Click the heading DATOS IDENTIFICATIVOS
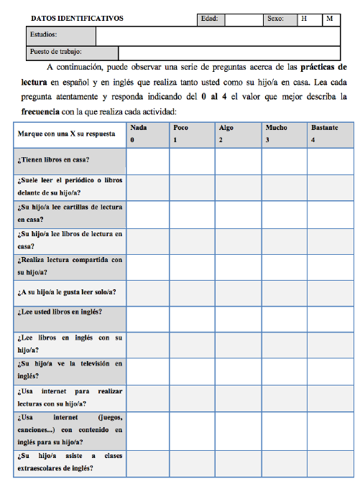[78, 19]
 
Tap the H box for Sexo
[305, 19]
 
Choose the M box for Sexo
[330, 19]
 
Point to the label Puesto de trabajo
[56, 52]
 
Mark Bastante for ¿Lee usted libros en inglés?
[329, 317]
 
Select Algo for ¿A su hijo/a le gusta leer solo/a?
[238, 292]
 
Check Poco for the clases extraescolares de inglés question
[192, 464]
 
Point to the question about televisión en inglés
[69, 370]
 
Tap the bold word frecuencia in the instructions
[37, 112]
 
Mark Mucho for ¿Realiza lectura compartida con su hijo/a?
[284, 266]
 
